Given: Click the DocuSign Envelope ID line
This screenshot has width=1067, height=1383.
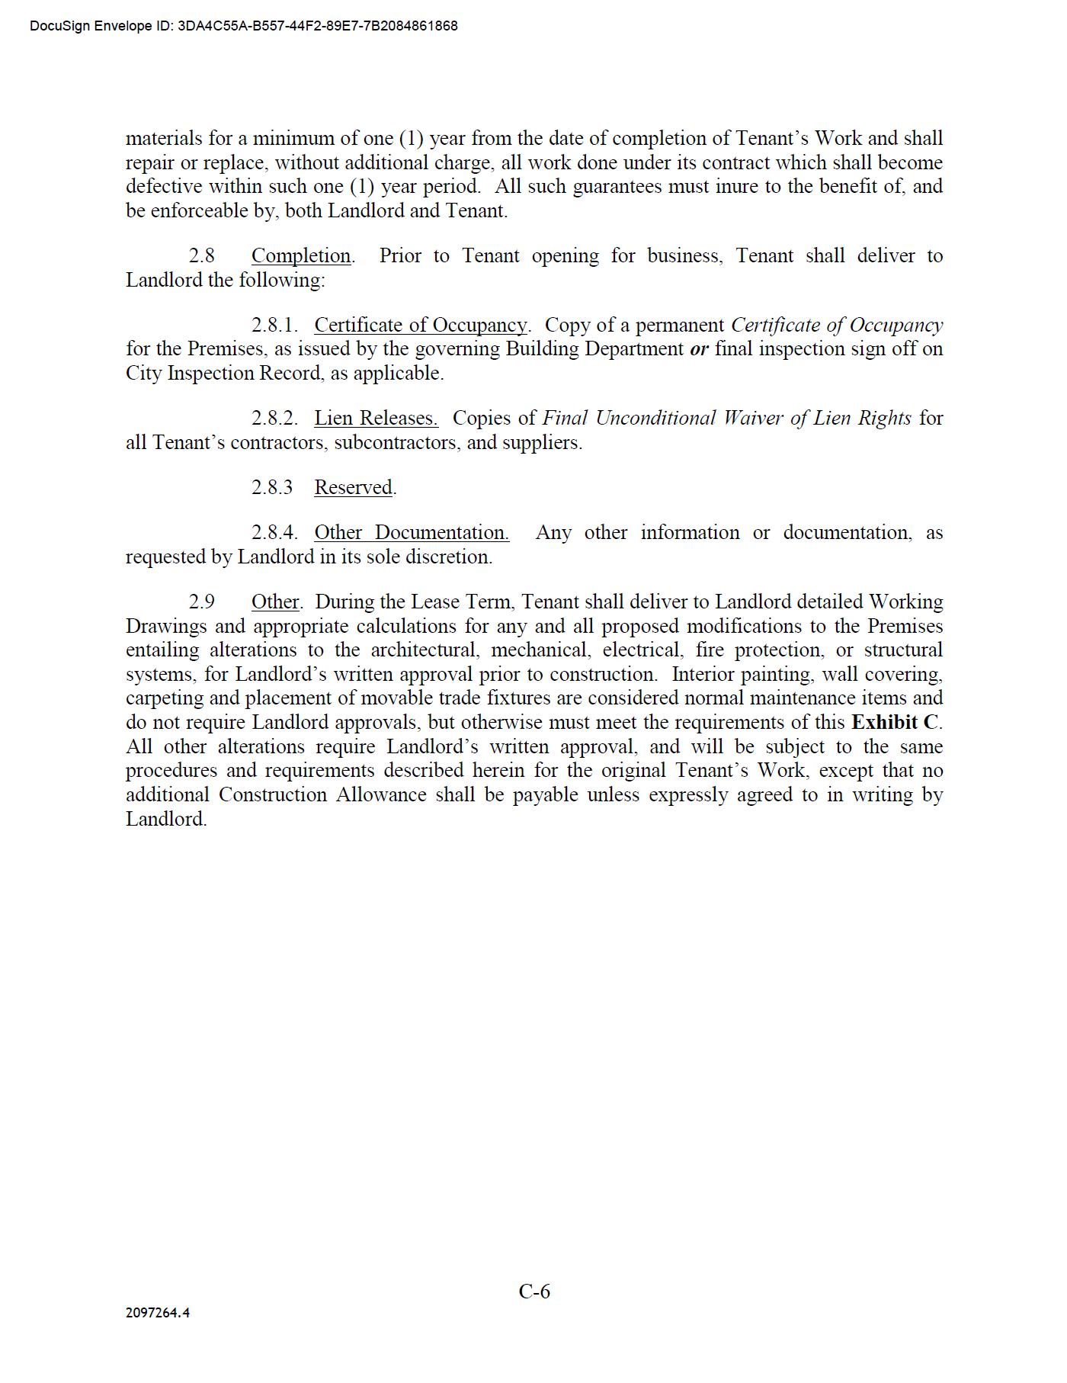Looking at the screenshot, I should pos(244,26).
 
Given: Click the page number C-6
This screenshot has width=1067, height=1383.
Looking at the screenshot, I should pos(534,1291).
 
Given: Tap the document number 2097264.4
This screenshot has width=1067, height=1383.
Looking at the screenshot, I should pos(158,1312).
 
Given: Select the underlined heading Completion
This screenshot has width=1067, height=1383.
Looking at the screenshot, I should pos(301,256).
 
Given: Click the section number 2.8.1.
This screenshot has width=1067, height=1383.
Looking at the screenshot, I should pos(274,326).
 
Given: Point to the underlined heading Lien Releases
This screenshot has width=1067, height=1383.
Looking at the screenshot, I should pos(376,419).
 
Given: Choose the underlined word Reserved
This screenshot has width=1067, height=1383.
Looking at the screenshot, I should pos(354,488).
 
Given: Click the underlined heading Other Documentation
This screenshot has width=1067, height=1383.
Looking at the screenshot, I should pos(412,533).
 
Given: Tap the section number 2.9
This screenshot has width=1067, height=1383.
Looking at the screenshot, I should pos(202,602).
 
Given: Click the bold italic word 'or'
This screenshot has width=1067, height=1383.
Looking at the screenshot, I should pos(699,349).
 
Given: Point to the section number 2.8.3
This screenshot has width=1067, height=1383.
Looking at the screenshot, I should pos(272,488).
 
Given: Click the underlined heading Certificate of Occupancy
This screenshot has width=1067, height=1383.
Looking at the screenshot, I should pos(420,326).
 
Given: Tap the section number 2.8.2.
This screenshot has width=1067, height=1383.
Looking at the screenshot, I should pos(274,419).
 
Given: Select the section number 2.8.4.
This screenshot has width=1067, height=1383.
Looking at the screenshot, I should pos(274,533).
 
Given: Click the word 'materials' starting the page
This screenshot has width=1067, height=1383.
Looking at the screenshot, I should pos(164,139).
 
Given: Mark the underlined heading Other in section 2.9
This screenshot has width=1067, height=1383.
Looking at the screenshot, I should pos(275,602).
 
